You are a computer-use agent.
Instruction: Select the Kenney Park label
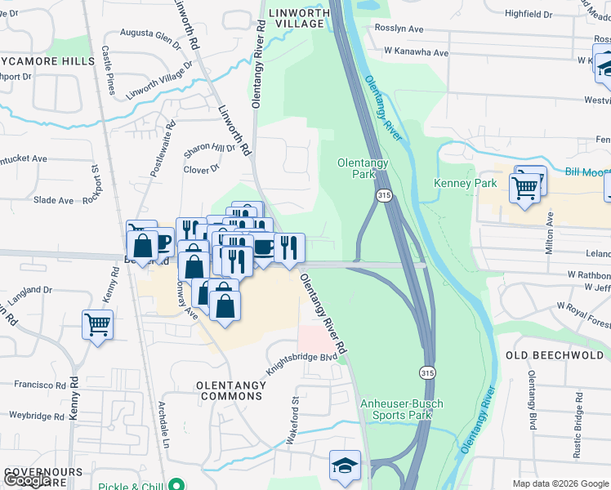(x=465, y=183)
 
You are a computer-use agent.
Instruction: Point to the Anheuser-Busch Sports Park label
(x=396, y=409)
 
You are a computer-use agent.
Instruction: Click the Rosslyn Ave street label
(x=398, y=29)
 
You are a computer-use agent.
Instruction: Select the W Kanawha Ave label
(x=417, y=53)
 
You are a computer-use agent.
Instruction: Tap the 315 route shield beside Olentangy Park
(x=384, y=196)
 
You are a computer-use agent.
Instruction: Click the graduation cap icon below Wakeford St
(x=344, y=465)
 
